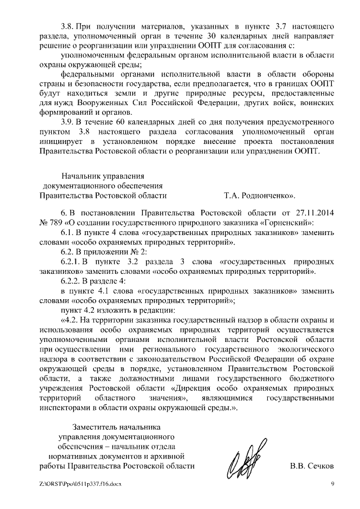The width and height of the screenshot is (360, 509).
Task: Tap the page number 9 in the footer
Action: click(x=333, y=484)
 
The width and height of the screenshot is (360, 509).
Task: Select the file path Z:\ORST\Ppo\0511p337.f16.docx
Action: click(x=80, y=484)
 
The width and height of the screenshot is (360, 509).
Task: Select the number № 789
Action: click(x=52, y=223)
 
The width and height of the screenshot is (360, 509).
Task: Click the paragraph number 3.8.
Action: click(x=68, y=26)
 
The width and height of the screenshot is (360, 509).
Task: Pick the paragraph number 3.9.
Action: click(x=68, y=122)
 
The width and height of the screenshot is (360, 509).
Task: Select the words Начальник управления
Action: click(x=102, y=175)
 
